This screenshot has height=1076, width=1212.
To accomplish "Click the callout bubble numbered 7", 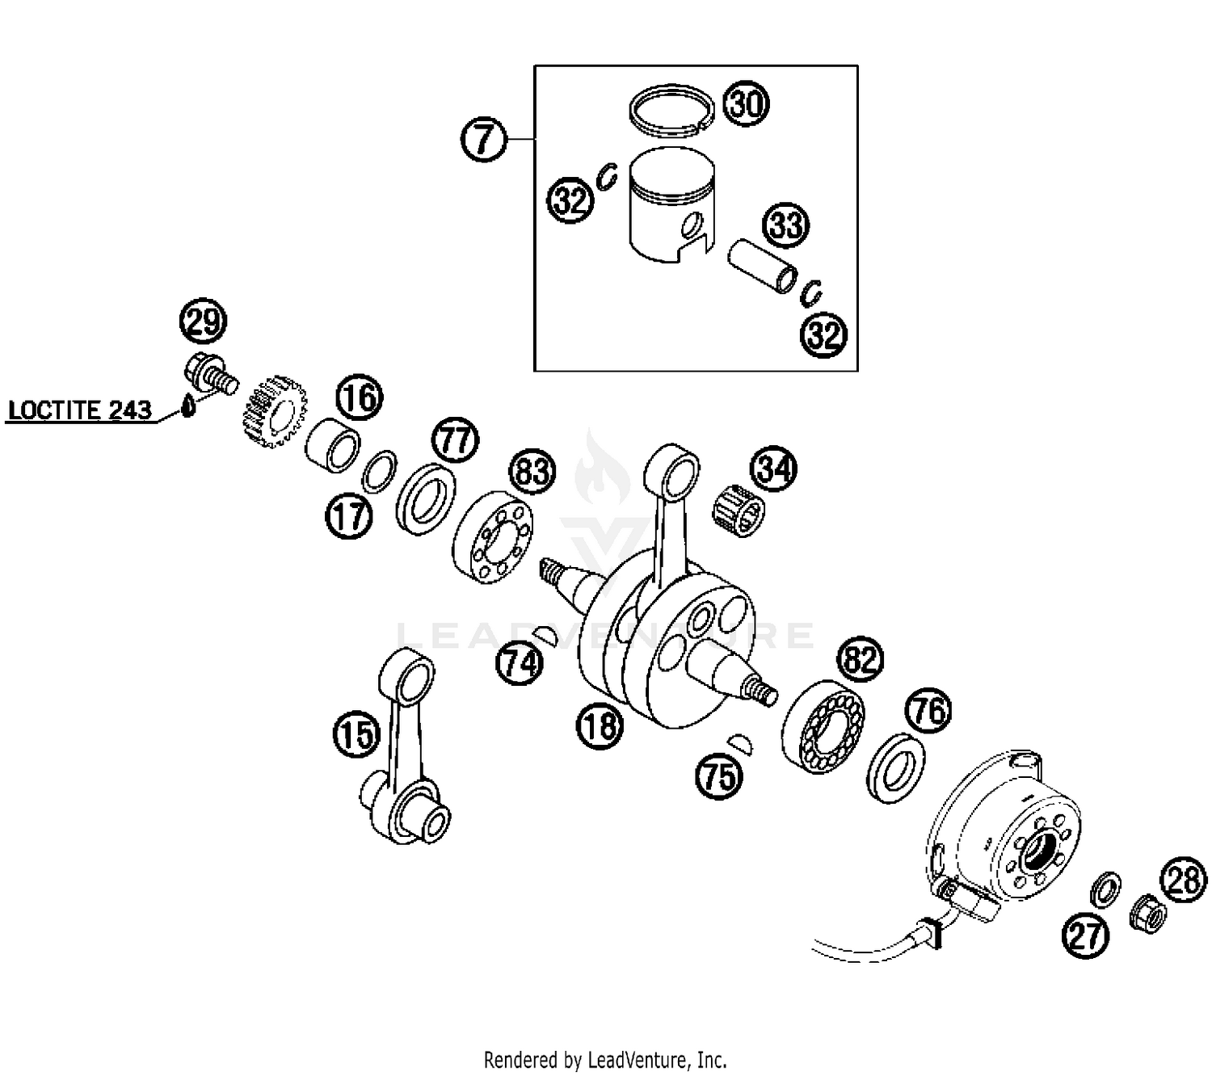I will (x=483, y=139).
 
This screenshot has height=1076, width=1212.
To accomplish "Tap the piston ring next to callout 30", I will (x=671, y=110).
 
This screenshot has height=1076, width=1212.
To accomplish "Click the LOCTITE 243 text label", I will (x=79, y=410).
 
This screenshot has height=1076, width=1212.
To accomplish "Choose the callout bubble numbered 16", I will (x=360, y=397).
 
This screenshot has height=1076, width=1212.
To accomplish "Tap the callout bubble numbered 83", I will (x=532, y=471).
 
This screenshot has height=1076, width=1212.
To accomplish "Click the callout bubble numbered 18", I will (x=600, y=725).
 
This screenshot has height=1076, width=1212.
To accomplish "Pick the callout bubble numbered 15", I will (x=356, y=734).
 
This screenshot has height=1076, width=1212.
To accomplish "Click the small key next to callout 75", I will (x=742, y=742).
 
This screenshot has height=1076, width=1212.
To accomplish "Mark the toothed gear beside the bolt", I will (x=272, y=419).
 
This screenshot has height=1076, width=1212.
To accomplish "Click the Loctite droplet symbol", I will (x=189, y=406).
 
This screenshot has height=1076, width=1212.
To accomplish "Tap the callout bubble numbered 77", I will (x=456, y=439).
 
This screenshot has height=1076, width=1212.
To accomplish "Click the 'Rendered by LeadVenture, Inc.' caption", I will (x=605, y=1059).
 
